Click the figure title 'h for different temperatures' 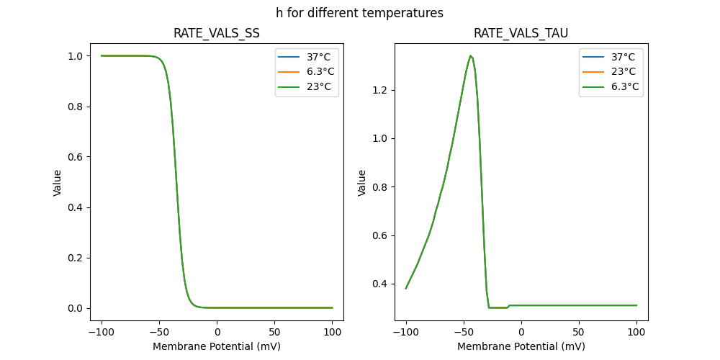click(x=359, y=13)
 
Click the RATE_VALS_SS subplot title click(x=217, y=33)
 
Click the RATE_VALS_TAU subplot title click(x=521, y=33)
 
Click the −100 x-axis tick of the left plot click(x=101, y=333)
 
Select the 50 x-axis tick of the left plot click(x=274, y=333)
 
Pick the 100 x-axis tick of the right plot click(x=636, y=333)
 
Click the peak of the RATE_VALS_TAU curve click(x=470, y=55)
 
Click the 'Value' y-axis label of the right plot click(x=362, y=182)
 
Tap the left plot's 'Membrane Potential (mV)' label click(x=217, y=346)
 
